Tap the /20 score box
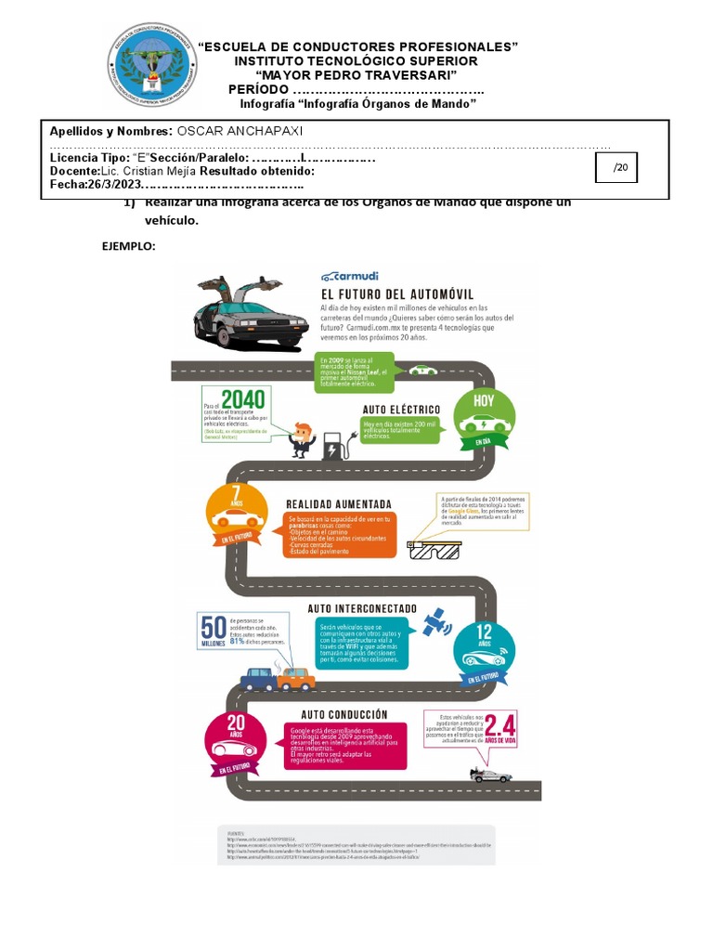[x=620, y=168]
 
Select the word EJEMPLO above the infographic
[x=128, y=247]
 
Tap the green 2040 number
[x=243, y=400]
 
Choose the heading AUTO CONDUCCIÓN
[x=344, y=714]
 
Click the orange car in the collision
[x=296, y=678]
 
